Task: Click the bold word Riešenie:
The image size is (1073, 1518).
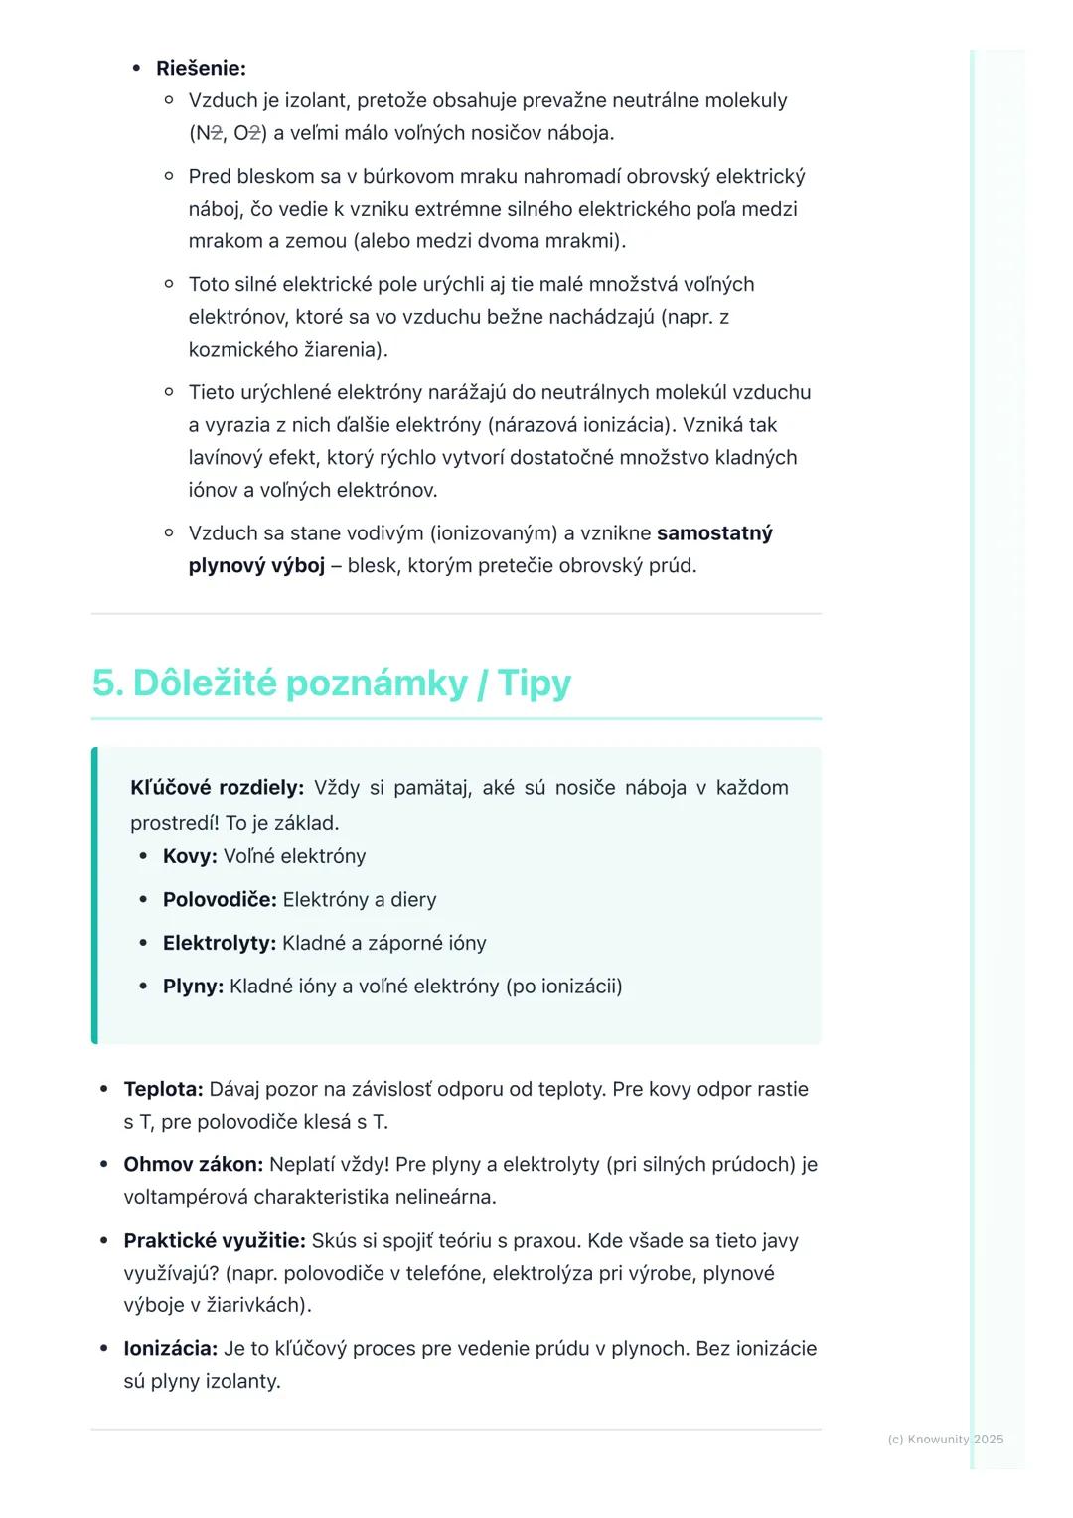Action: point(201,69)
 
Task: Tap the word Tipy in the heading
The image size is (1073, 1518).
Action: point(534,683)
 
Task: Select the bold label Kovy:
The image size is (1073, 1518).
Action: point(190,856)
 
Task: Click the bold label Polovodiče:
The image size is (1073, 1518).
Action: point(220,900)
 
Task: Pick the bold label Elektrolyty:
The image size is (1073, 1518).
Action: point(220,943)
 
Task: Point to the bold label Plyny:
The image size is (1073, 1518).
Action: point(193,987)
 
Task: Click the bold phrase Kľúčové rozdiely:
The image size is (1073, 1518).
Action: point(217,788)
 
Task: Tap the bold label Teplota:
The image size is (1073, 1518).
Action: point(163,1089)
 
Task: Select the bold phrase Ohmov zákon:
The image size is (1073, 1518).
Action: point(193,1164)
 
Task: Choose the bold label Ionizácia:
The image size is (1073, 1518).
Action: point(170,1349)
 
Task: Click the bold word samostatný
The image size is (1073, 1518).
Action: point(714,533)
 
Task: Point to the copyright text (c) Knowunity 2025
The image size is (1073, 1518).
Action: point(945,1439)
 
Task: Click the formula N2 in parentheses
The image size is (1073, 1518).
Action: point(209,133)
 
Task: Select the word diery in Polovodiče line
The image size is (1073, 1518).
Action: point(413,900)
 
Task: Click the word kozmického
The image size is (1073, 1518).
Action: point(242,350)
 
